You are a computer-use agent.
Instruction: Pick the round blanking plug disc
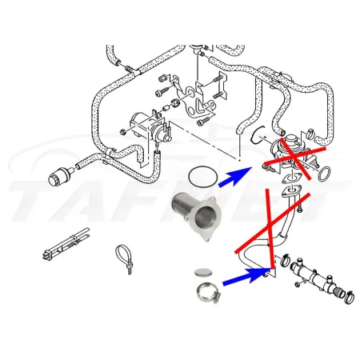coord(206,272)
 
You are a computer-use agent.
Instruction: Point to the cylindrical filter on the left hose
coord(60,174)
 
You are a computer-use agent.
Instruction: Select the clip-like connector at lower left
coord(62,243)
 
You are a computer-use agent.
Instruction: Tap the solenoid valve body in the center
coord(143,124)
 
